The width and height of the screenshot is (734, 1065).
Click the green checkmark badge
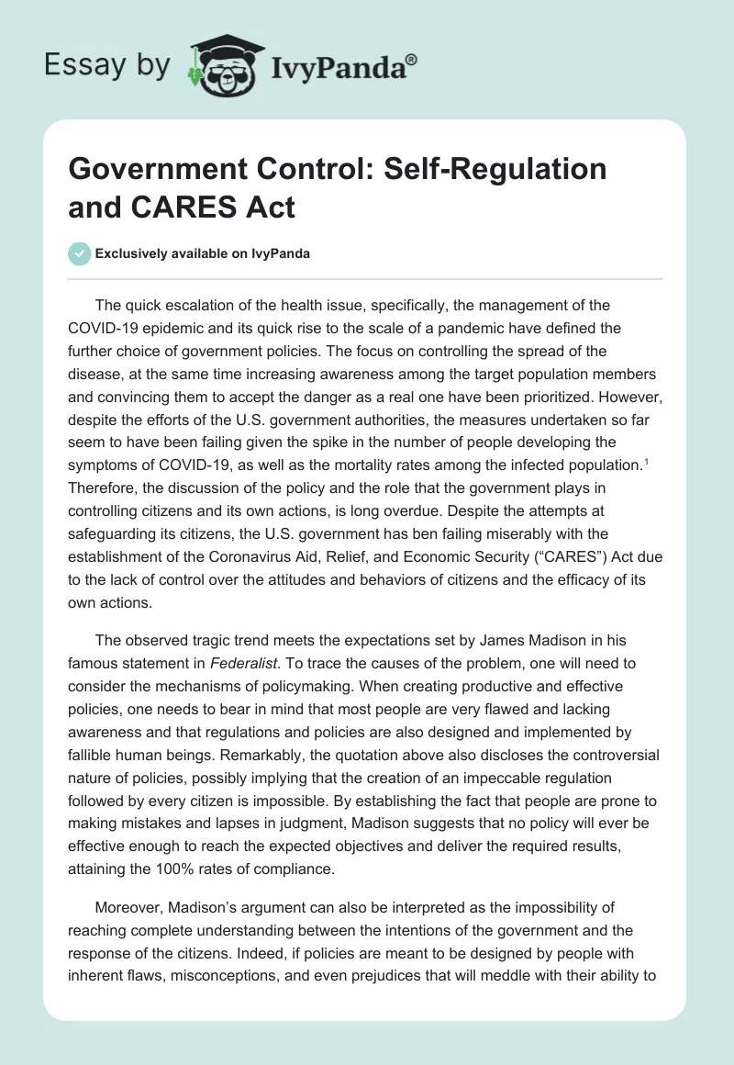(80, 253)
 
